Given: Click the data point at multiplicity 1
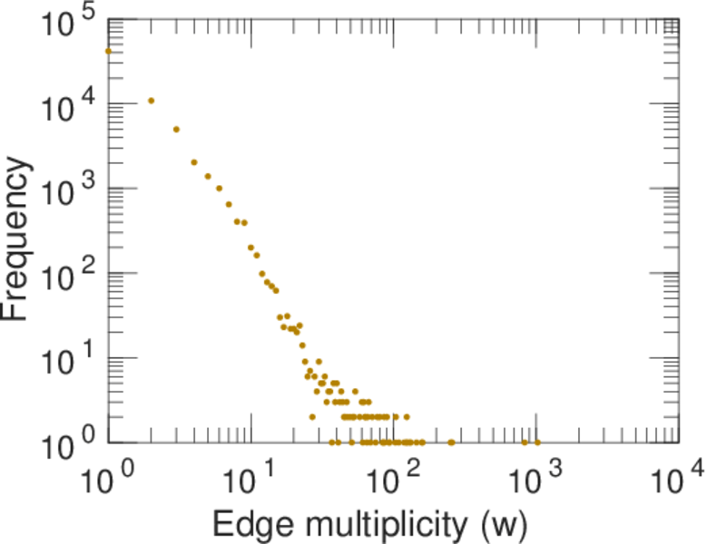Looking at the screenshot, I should [109, 51].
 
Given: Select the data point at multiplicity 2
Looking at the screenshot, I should [152, 101].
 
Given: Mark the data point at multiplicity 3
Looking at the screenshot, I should [177, 130].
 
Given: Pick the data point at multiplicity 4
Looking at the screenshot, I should [194, 162].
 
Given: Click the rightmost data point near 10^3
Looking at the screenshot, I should [537, 442].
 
